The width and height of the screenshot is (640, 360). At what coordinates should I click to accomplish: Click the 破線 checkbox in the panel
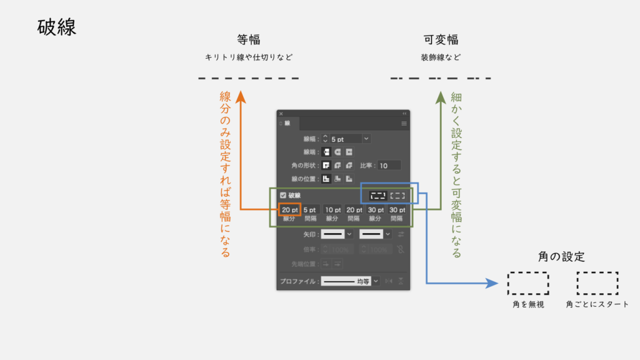tap(283, 195)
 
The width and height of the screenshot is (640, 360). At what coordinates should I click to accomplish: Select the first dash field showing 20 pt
tap(290, 210)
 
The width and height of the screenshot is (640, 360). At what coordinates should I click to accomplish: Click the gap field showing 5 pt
tap(310, 210)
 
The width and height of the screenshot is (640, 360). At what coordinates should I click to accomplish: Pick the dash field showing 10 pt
tap(332, 210)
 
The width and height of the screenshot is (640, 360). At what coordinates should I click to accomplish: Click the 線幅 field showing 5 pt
tap(345, 139)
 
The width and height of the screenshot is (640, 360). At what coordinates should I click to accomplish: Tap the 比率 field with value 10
tap(389, 166)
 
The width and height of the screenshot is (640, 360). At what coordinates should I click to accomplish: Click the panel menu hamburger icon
tap(404, 124)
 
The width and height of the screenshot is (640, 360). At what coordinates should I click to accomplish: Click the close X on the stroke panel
tap(281, 114)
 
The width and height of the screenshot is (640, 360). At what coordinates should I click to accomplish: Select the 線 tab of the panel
tap(287, 124)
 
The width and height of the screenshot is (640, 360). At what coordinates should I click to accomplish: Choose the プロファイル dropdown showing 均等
tap(350, 281)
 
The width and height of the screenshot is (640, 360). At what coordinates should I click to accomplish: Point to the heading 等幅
tap(248, 39)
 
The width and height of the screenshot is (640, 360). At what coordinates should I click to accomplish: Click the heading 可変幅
tap(441, 39)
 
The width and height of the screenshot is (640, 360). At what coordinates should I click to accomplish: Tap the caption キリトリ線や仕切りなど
tap(249, 57)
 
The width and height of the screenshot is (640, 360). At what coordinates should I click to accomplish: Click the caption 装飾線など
tap(441, 57)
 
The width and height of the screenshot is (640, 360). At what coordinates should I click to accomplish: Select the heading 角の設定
tap(561, 256)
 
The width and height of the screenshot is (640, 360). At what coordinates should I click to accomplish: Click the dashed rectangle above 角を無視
tap(528, 283)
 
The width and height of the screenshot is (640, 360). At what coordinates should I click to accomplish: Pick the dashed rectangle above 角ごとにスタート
tap(597, 283)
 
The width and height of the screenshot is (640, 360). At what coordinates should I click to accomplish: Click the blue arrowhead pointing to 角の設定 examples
tap(492, 284)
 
